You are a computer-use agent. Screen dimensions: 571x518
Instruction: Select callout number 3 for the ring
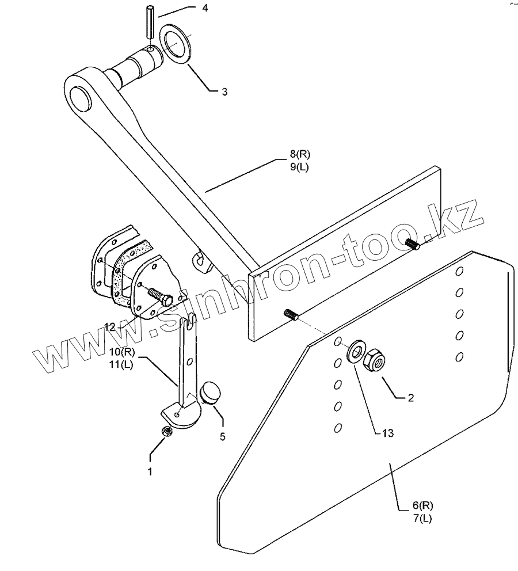coord(224,92)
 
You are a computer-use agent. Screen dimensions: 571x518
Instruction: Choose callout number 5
coord(222,437)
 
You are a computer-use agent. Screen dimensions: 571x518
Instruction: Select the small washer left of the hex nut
coord(355,351)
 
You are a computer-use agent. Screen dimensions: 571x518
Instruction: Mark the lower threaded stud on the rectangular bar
coord(292,315)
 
